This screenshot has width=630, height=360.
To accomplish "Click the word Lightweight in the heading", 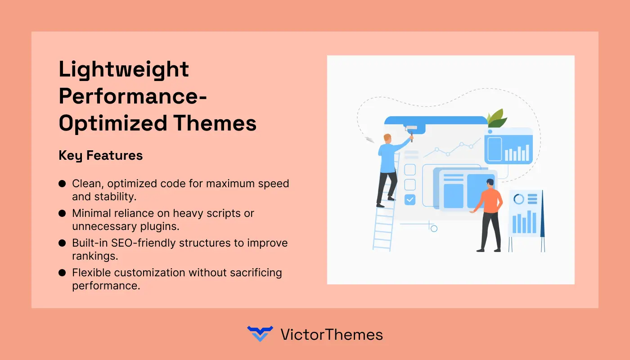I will point(124,70).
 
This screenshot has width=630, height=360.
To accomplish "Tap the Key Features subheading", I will point(100,156).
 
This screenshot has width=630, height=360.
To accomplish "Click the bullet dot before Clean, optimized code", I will point(63,184).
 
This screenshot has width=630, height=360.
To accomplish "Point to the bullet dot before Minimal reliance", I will point(63,213).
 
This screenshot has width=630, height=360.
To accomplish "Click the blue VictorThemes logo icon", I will point(260,334).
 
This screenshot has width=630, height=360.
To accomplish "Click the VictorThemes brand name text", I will point(331,334).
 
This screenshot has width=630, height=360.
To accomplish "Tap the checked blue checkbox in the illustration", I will point(410,199).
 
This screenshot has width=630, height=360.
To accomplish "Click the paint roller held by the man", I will point(411,129).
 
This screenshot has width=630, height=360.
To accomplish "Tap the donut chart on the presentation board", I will point(518,199).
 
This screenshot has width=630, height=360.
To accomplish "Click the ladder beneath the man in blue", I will point(384,225).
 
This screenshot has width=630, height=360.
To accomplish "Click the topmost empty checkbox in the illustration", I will point(410,170).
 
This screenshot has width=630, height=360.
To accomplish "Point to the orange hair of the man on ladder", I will point(387,136).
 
